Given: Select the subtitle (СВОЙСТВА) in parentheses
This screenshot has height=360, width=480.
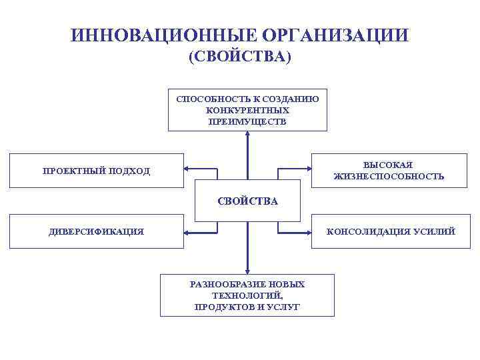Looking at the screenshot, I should (239, 58).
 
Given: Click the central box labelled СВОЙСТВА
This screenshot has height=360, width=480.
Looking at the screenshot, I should (247, 200).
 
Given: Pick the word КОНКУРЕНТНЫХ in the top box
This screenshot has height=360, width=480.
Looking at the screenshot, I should (247, 110).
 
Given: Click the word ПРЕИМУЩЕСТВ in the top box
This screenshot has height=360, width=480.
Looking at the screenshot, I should (247, 121).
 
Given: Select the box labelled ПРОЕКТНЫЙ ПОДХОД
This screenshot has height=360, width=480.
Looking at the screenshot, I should (97, 171).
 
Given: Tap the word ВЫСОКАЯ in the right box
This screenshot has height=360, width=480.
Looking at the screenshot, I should (389, 165).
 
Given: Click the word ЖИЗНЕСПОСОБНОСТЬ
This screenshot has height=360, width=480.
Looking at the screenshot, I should (389, 177).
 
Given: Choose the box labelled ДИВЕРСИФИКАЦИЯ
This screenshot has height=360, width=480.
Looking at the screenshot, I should (97, 231).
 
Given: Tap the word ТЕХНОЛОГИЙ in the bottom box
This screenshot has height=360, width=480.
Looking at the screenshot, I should (247, 295).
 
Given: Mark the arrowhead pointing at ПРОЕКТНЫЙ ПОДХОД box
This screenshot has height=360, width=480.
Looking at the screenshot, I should (187, 168).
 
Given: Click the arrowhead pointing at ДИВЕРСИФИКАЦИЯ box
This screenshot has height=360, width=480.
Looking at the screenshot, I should (187, 233).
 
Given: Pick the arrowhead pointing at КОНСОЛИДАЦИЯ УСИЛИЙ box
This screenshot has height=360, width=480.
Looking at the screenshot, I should (309, 233).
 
